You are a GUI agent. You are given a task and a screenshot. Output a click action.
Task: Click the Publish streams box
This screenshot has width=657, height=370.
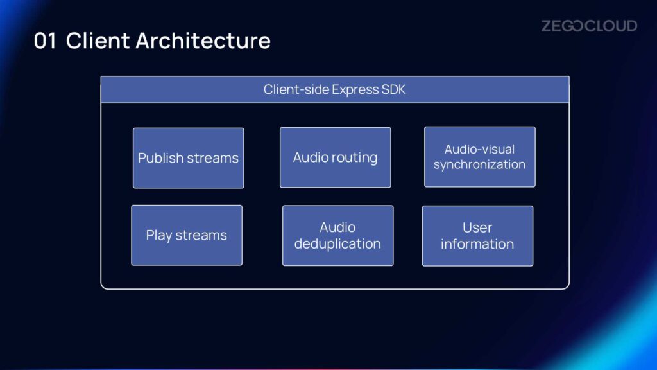tap(188, 158)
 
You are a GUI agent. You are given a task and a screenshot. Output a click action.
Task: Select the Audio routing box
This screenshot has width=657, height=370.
tap(335, 157)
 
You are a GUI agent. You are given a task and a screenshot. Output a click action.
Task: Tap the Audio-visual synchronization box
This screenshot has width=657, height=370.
tap(480, 157)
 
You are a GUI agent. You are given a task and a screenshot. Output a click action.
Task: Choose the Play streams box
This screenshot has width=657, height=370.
tap(187, 235)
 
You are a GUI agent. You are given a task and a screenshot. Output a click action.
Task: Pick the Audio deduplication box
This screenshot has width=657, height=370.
tap(337, 236)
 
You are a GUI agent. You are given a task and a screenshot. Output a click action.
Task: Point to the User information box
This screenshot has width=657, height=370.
tap(477, 236)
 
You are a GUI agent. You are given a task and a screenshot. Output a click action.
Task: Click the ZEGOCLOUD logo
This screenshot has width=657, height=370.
tap(589, 26)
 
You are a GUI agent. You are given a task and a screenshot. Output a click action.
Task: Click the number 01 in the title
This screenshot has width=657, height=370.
tap(46, 41)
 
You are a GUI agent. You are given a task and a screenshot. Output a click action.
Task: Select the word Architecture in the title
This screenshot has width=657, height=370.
tap(203, 40)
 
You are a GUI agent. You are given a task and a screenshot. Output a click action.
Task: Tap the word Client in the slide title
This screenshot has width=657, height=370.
tap(98, 40)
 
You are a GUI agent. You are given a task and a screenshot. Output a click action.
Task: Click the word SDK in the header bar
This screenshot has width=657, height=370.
tap(393, 89)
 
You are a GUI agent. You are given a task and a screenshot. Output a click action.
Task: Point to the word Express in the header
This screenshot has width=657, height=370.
tap(355, 90)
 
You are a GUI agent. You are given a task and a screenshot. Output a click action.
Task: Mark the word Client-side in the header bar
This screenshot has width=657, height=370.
tap(296, 89)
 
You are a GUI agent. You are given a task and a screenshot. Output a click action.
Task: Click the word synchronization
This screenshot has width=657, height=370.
tap(479, 164)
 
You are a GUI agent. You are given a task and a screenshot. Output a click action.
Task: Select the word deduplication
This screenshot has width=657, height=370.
tap(337, 244)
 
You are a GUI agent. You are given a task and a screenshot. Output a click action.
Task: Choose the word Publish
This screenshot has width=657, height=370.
tap(160, 158)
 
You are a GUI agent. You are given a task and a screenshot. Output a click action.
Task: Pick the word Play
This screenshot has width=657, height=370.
tap(159, 236)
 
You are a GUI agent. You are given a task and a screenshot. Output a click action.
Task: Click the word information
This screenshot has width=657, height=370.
tap(477, 244)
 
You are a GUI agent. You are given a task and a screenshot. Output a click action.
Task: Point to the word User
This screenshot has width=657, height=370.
tap(477, 228)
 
